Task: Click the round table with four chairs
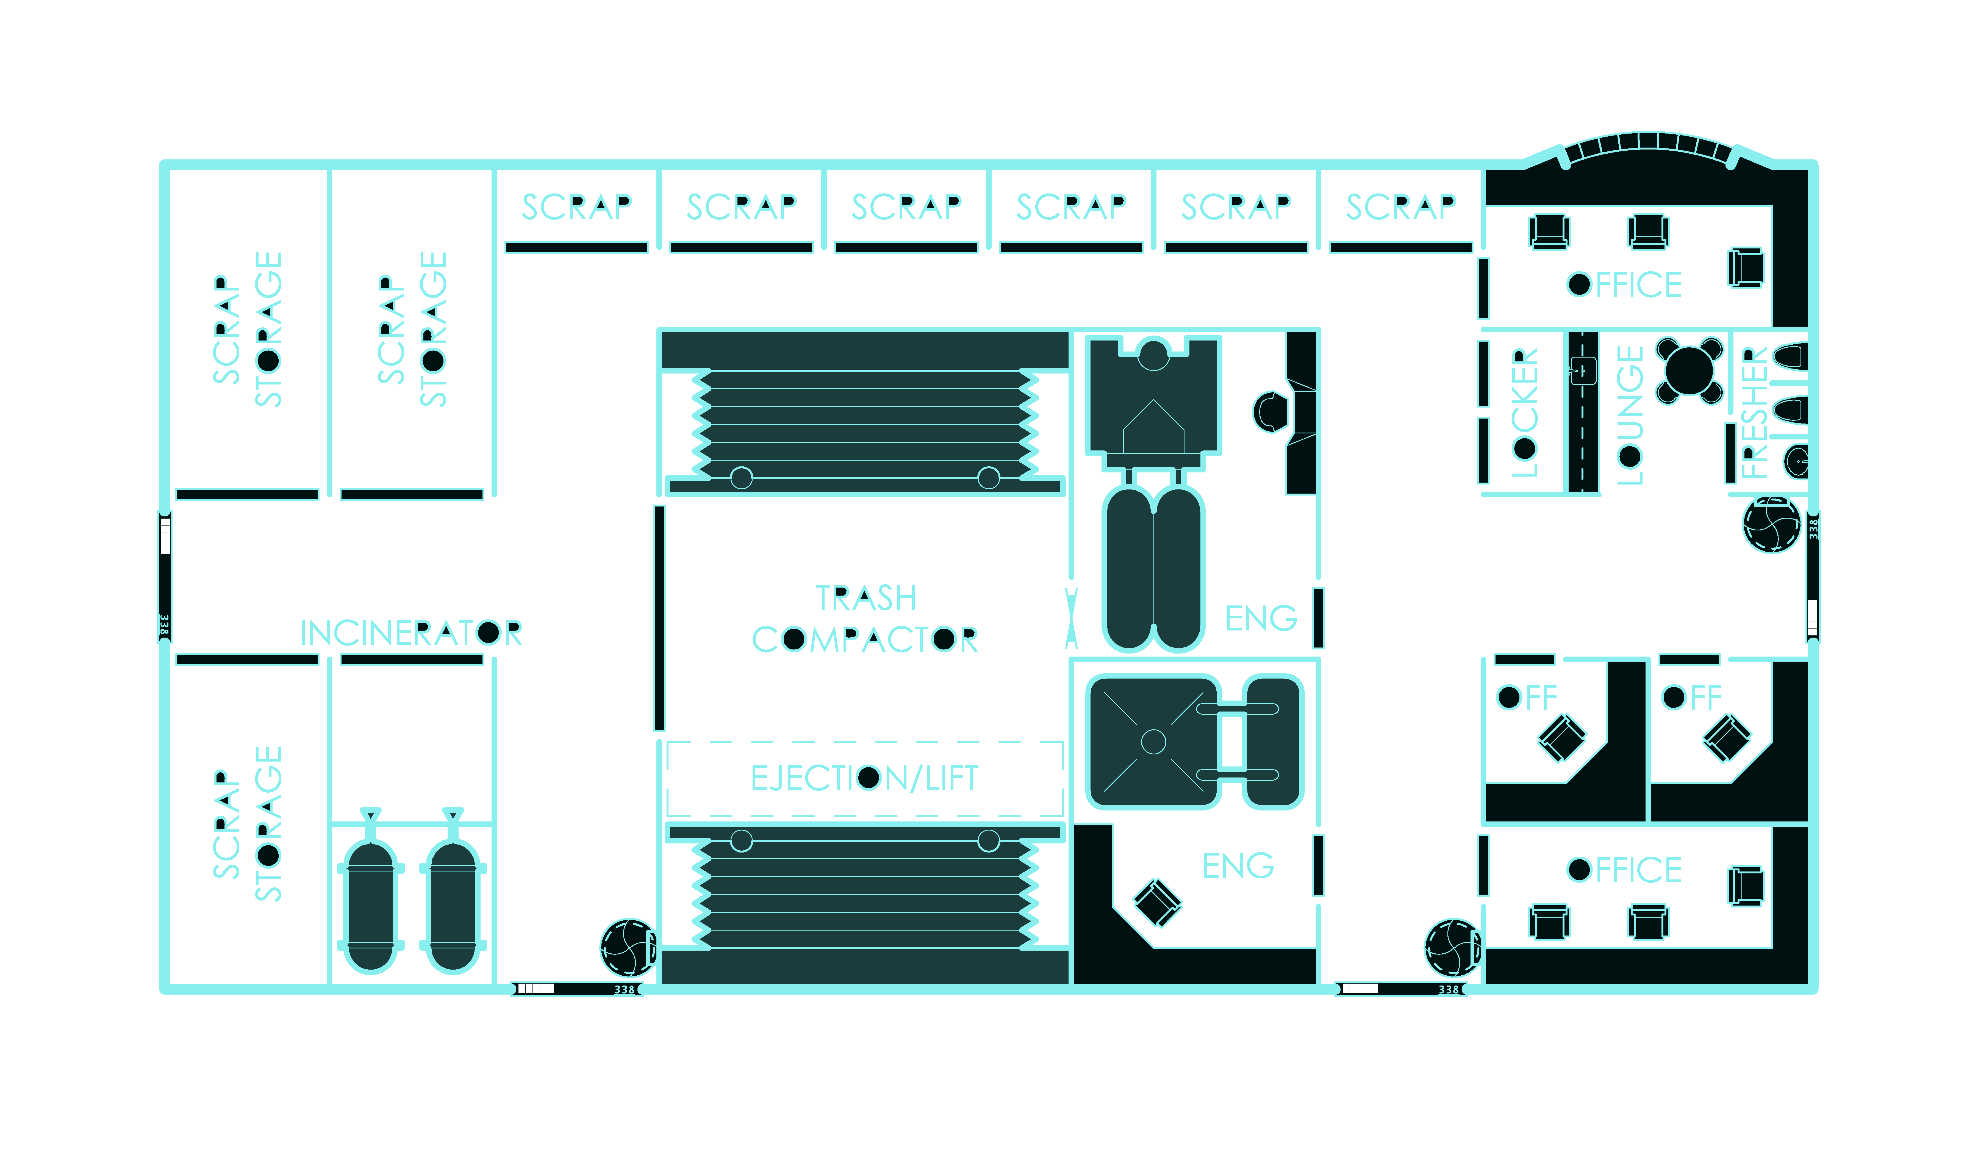[1689, 370]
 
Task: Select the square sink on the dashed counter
[1583, 370]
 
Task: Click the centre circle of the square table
[1153, 741]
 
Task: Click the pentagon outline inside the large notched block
[1153, 428]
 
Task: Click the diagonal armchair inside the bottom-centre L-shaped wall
[1157, 903]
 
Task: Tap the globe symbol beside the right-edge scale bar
[1772, 524]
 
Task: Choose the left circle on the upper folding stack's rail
[741, 477]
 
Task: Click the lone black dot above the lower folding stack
[868, 777]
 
